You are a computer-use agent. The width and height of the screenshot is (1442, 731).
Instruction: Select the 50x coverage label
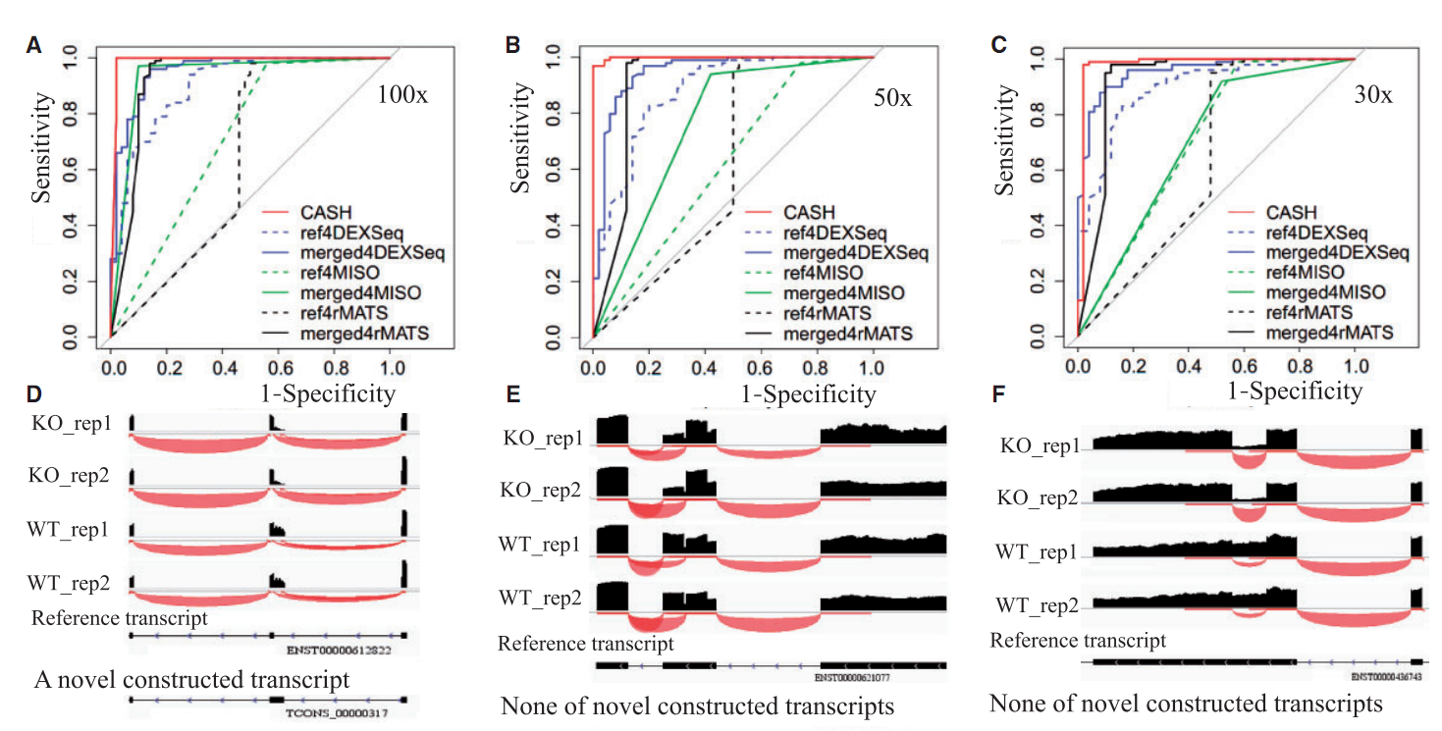[x=891, y=98]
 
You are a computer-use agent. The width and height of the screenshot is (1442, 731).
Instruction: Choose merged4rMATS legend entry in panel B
[x=845, y=335]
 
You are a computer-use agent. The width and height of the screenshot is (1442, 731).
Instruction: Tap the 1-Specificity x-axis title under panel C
[x=1294, y=391]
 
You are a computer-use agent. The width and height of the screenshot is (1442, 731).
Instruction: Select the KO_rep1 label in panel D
[x=71, y=422]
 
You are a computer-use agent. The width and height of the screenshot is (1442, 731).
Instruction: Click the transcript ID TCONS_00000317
[x=339, y=714]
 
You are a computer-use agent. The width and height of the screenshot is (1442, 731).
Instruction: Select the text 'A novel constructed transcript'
[x=191, y=680]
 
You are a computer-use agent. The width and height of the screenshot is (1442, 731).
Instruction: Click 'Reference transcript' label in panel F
[x=1078, y=641]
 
